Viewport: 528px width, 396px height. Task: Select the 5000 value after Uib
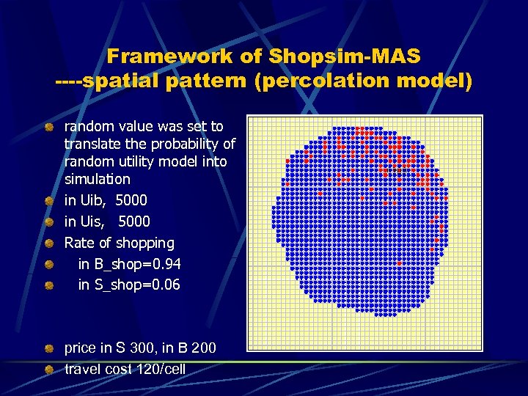coord(131,200)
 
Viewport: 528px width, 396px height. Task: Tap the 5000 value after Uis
coord(133,221)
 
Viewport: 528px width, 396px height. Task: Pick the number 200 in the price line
coord(202,348)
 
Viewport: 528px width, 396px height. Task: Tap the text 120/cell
coord(161,370)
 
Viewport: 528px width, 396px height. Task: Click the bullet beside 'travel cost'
coord(48,370)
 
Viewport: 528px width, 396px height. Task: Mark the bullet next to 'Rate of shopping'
coord(48,243)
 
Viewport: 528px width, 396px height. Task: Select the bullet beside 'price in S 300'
coord(48,348)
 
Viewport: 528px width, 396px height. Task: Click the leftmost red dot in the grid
coord(287,161)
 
